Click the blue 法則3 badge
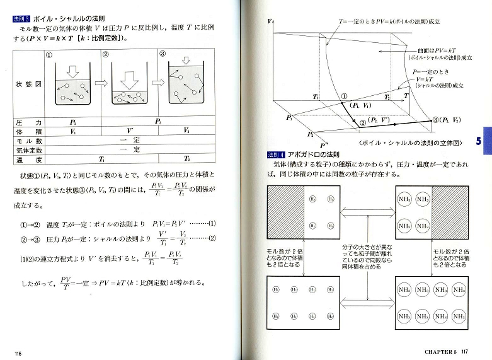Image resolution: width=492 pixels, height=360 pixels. (22, 19)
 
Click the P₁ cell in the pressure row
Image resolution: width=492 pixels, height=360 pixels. (73, 122)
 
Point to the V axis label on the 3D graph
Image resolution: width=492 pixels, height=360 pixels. (270, 21)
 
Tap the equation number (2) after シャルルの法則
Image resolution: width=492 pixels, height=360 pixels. (212, 238)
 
